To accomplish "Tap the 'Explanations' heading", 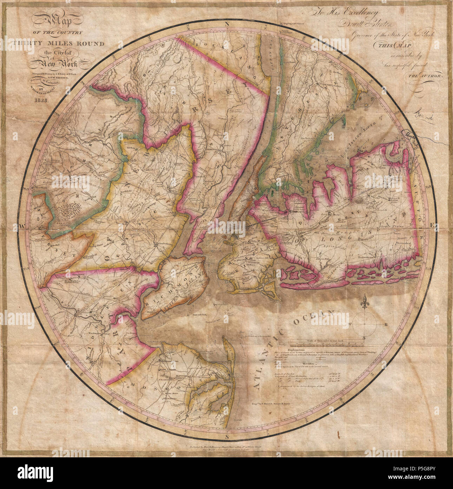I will click(297, 350).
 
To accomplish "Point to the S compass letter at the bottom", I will click(227, 437).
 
